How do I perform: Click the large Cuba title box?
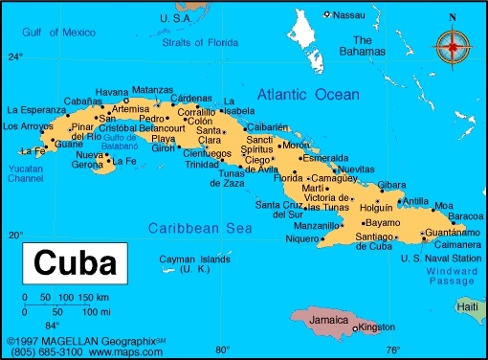click(75, 262)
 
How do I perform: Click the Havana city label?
click(112, 91)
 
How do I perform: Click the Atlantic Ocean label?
click(308, 95)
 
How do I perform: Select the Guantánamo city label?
click(447, 233)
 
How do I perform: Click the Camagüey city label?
click(334, 178)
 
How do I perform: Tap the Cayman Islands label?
click(195, 259)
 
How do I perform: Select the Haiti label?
click(469, 306)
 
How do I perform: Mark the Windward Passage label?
click(452, 275)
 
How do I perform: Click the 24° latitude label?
click(14, 56)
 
